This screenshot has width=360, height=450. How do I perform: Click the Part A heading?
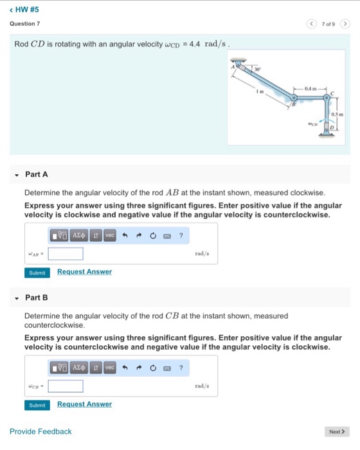[36, 174]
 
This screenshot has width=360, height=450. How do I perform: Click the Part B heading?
[36, 298]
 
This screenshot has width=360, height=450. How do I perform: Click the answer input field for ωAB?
[65, 254]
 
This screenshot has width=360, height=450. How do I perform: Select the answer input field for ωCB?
[65, 386]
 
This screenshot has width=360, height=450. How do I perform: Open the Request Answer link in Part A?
[84, 272]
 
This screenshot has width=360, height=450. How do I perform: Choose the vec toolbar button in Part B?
[110, 368]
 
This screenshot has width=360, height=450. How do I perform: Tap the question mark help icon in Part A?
[181, 236]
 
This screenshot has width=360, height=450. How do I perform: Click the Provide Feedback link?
[40, 431]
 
